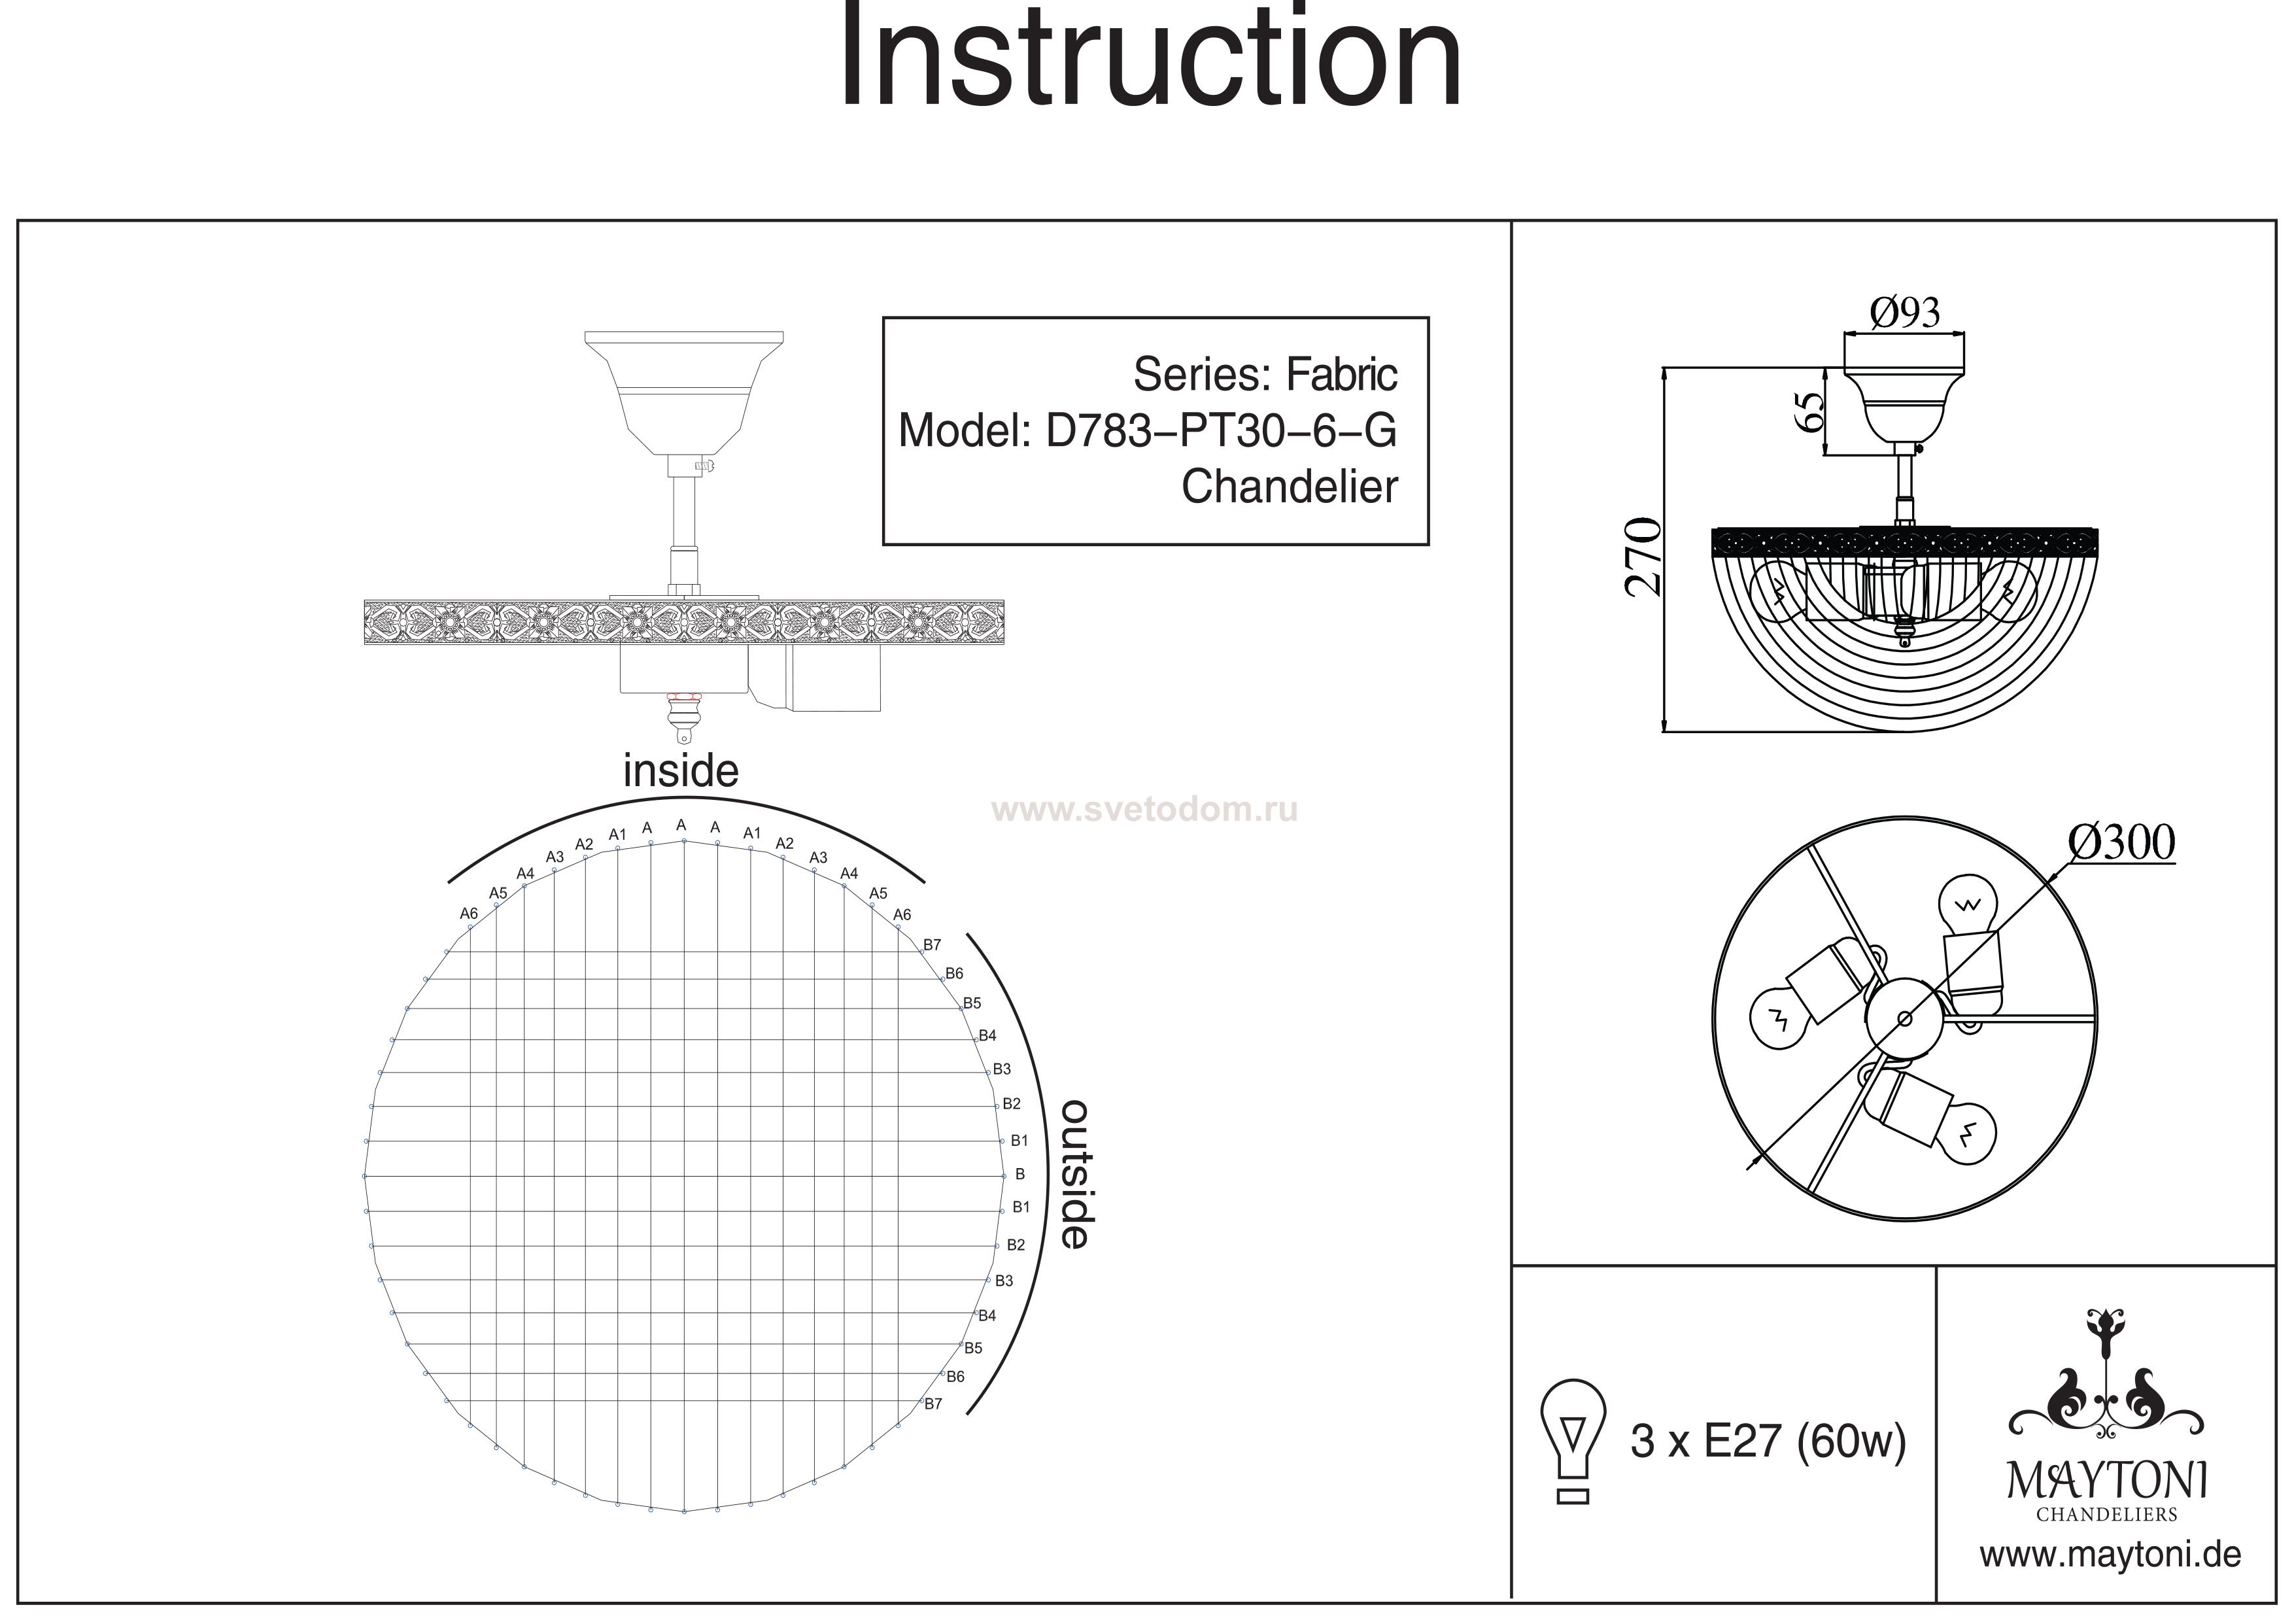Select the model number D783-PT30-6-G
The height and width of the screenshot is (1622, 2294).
pos(1221,431)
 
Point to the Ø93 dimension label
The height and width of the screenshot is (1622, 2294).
pos(1904,313)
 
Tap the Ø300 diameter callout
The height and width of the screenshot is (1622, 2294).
pos(2121,842)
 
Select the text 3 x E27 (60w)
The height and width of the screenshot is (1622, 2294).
pos(1768,1442)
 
